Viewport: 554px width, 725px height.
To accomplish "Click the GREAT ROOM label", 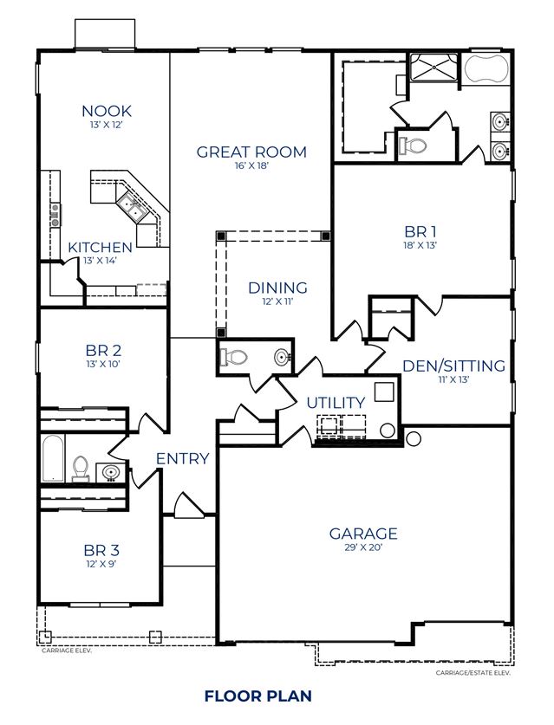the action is (251, 152).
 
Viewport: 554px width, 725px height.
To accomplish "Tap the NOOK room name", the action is (107, 111).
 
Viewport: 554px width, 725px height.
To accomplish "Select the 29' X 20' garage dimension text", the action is (363, 548).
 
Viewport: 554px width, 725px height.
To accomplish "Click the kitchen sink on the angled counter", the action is (132, 207).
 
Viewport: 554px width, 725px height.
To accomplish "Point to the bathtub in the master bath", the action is (486, 69).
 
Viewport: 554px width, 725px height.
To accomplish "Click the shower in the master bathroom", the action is (434, 68).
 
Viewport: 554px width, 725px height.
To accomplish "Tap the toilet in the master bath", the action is (412, 146).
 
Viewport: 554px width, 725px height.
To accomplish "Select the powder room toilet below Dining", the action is (234, 357).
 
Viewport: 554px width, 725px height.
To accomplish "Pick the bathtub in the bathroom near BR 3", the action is (52, 458).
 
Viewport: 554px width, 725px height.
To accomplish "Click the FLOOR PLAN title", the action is (257, 696).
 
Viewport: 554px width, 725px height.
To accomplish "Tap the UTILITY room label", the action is (336, 403).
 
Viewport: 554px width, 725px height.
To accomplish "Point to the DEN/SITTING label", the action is (453, 366).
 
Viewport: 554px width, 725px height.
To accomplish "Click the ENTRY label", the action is (182, 459).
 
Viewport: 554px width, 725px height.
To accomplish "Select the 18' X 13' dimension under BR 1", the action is (420, 245).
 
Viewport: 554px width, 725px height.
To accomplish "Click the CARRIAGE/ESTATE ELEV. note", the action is (473, 673).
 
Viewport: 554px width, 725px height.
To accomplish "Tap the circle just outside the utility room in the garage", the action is (413, 438).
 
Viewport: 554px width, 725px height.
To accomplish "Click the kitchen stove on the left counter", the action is (55, 215).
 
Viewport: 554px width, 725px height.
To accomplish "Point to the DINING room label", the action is (277, 288).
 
